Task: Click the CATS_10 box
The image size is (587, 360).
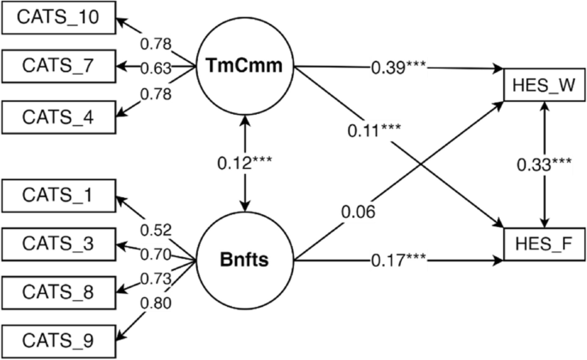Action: point(58,17)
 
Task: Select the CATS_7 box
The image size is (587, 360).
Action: point(58,65)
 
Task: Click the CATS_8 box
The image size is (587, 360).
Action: point(58,291)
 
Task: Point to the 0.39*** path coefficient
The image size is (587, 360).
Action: point(398,67)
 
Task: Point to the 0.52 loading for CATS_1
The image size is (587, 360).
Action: point(155,229)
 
